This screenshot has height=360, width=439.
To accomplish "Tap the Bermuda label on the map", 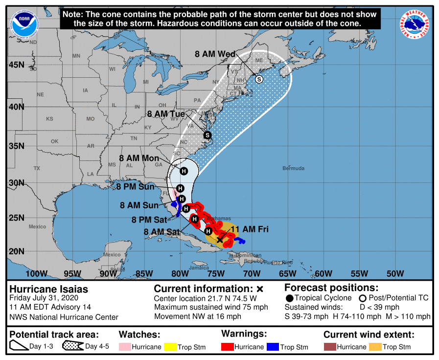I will click(293, 168).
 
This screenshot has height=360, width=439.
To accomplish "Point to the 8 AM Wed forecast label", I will click(215, 54).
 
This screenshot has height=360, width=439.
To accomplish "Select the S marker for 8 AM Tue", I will click(207, 135).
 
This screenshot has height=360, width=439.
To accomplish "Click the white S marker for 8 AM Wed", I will click(259, 79).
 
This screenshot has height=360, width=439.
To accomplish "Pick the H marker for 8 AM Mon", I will click(184, 171).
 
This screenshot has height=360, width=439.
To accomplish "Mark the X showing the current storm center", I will click(220, 239).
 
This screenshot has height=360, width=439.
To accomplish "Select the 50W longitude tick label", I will click(394, 273).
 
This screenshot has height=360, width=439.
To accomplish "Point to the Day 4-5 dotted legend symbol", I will click(73, 347).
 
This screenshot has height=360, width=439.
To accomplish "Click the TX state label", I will click(37, 168).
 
